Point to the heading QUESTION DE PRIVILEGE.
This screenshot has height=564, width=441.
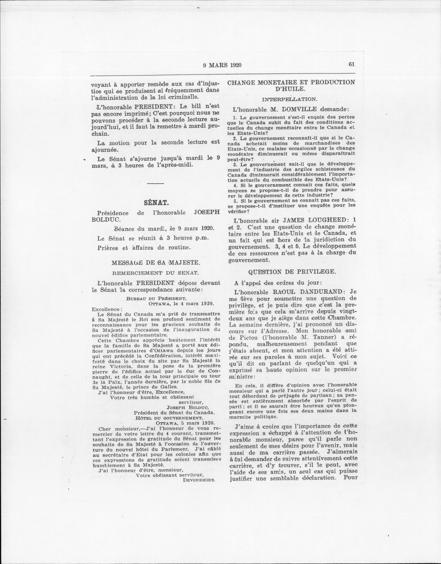pos(292,272)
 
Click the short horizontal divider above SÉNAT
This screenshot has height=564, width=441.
pos(156,183)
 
